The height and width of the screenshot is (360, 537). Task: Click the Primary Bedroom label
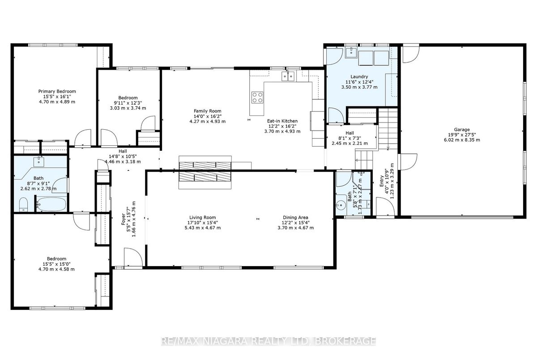[57, 91]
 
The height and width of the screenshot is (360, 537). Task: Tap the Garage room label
[462, 130]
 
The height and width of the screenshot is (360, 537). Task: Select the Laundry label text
[359, 76]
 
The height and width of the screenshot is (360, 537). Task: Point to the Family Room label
[207, 111]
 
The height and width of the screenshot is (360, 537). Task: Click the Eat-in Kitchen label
[282, 121]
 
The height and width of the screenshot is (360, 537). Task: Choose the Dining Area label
[295, 217]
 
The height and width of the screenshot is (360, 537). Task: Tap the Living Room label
[203, 217]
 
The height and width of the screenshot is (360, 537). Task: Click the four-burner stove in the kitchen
[257, 97]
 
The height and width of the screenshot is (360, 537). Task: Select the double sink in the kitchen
[288, 76]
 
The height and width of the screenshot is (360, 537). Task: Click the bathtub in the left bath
[51, 204]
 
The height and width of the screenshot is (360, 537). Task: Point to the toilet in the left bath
[23, 204]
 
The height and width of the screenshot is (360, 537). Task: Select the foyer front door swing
[133, 257]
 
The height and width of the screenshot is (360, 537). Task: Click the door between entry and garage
[408, 162]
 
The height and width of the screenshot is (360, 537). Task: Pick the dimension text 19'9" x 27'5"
[462, 135]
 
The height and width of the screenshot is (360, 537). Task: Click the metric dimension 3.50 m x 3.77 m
[359, 87]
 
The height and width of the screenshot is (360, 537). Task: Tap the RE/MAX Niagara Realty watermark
[268, 341]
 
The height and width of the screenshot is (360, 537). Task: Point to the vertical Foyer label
[124, 223]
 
